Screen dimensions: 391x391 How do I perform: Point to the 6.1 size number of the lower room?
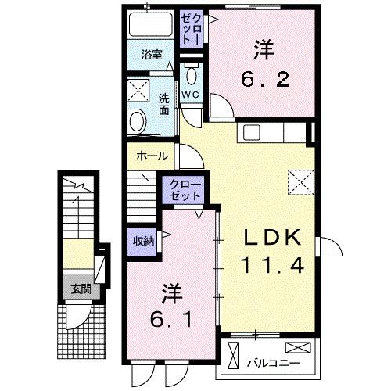tap(173, 321)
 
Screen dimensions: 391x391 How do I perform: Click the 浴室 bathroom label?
tap(152, 56)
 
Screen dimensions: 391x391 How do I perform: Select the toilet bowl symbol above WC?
tap(192, 76)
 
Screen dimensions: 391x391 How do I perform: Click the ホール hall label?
tap(151, 156)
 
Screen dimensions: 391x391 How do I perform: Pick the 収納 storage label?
tap(142, 241)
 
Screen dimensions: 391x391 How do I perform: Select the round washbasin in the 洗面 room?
tap(138, 121)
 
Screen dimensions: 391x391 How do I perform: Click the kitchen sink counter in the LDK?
tap(267, 132)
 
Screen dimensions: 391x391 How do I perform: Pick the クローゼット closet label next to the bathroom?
tap(192, 31)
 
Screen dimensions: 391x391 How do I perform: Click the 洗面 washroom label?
tap(163, 105)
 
